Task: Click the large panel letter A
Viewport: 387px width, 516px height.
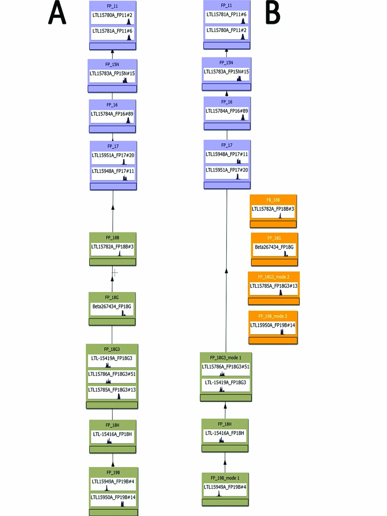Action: [x=57, y=13]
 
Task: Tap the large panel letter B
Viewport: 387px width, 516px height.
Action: [x=272, y=13]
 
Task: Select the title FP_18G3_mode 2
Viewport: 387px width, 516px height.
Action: [x=274, y=277]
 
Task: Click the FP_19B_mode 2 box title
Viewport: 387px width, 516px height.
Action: [x=273, y=316]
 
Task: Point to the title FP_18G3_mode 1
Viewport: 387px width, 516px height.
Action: [x=225, y=358]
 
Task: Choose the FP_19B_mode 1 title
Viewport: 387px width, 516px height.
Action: [x=225, y=478]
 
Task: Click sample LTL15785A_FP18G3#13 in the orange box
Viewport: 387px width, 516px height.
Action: [x=274, y=286]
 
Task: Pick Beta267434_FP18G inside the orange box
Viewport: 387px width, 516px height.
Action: [x=274, y=247]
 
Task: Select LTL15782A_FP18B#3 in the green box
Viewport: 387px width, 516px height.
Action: [x=112, y=247]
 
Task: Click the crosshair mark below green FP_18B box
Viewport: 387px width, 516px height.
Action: [x=115, y=272]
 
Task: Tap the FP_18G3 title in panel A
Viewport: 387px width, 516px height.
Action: [x=112, y=349]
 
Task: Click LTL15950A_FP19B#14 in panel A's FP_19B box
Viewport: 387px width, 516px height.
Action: [x=113, y=497]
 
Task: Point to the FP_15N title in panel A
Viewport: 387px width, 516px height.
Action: [x=112, y=65]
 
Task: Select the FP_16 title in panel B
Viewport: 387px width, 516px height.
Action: [x=227, y=102]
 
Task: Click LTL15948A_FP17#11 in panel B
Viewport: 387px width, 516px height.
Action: [x=227, y=154]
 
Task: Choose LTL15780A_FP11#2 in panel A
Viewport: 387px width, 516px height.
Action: [x=112, y=15]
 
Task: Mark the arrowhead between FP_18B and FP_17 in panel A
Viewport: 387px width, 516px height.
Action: [x=113, y=207]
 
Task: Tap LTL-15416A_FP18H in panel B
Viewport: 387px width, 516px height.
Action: [x=225, y=433]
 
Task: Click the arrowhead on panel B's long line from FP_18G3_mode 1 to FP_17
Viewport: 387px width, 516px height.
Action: [x=226, y=271]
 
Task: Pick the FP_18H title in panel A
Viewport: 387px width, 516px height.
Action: [x=112, y=425]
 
